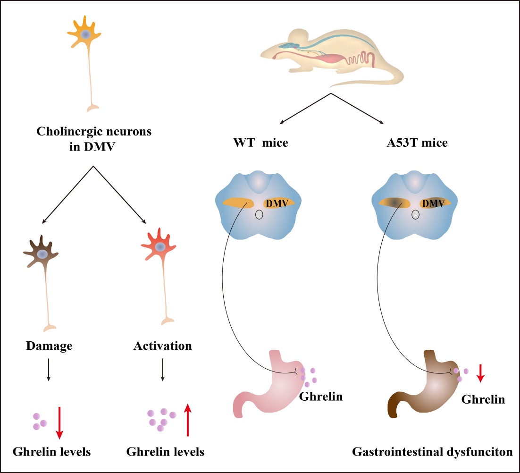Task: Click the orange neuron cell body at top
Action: pyautogui.click(x=85, y=34)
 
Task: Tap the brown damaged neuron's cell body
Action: pyautogui.click(x=42, y=254)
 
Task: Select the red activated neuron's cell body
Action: pyautogui.click(x=160, y=247)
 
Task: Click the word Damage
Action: pyautogui.click(x=49, y=346)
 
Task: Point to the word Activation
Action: pyautogui.click(x=162, y=346)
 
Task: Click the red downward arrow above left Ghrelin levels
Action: pyautogui.click(x=59, y=421)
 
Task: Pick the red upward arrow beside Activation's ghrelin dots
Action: pyautogui.click(x=188, y=420)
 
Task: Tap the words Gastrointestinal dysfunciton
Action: pyautogui.click(x=432, y=452)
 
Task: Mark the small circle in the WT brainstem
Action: pyautogui.click(x=259, y=215)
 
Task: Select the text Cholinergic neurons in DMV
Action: pyautogui.click(x=94, y=138)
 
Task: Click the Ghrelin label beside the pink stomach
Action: pyautogui.click(x=321, y=397)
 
